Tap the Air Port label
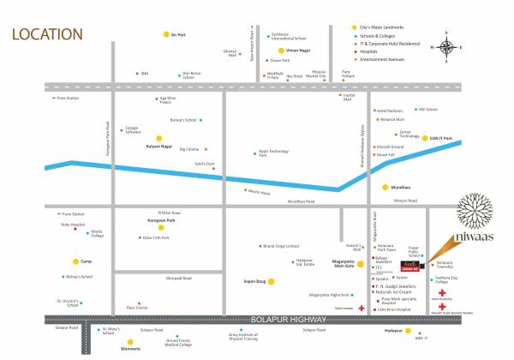(179, 34)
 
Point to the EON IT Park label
(441, 138)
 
